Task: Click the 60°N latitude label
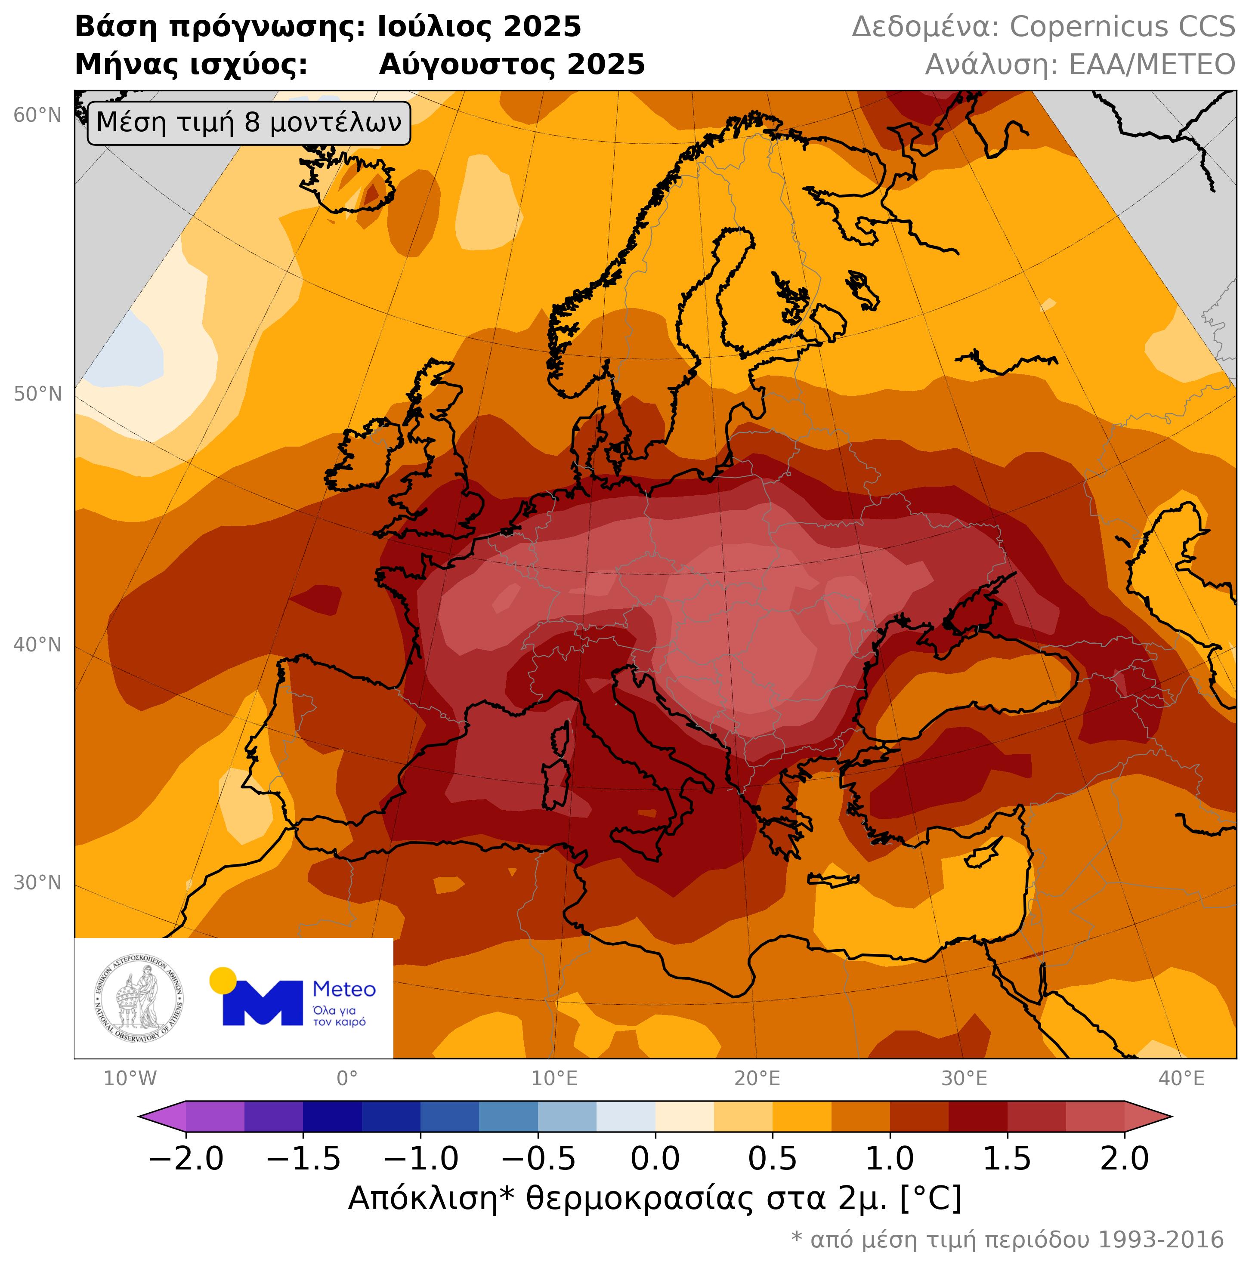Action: pos(37,116)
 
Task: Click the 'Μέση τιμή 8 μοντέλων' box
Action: pos(249,123)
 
